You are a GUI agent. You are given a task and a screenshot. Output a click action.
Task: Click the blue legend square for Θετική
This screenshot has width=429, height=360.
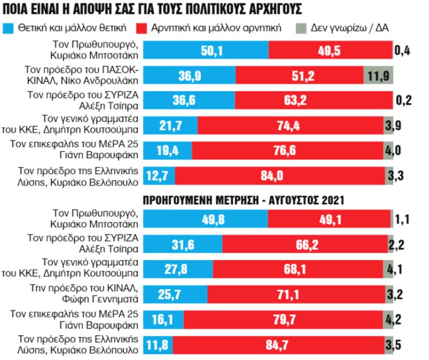click(9, 27)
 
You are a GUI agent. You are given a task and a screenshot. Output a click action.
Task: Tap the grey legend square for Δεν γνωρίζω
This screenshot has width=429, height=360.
click(301, 27)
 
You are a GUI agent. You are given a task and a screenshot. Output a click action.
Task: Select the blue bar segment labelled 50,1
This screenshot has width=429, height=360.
click(206, 50)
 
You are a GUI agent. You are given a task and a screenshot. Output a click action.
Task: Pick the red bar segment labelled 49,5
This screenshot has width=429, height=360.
click(330, 50)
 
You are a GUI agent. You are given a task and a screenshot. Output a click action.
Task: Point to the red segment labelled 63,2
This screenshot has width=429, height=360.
click(314, 101)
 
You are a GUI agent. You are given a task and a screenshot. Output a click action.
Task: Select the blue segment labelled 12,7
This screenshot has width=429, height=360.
click(159, 175)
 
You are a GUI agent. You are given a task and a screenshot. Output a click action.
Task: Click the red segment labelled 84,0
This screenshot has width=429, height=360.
click(279, 175)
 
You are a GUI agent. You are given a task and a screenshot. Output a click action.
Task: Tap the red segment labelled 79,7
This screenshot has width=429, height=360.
click(285, 319)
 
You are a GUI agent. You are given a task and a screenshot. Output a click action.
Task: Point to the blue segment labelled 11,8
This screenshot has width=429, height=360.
click(158, 344)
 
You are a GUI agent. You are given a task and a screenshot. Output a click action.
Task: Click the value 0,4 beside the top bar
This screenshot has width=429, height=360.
click(403, 51)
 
